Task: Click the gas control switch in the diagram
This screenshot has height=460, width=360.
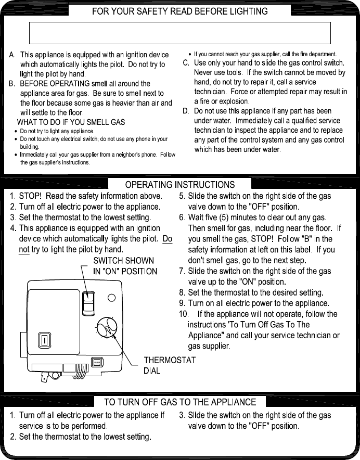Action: [x=88, y=303]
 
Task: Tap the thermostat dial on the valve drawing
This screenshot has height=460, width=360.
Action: [x=107, y=328]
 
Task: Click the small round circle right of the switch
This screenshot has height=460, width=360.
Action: [x=111, y=298]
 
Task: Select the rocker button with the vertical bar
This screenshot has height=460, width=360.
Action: [x=44, y=340]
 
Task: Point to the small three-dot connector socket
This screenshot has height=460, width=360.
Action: [x=97, y=362]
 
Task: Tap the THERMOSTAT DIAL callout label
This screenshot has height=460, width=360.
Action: [x=170, y=365]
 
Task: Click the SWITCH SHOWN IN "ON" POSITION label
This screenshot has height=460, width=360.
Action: [x=125, y=266]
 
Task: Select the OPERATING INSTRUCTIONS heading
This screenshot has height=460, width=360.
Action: [x=180, y=185]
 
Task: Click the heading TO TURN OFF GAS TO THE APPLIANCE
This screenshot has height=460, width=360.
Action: [x=180, y=402]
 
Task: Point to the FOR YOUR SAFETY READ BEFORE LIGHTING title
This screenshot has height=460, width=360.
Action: [x=180, y=11]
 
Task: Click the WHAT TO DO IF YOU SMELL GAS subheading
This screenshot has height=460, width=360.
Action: [x=71, y=122]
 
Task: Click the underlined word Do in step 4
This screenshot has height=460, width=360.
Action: [x=167, y=239]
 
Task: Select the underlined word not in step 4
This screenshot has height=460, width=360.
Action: [x=24, y=250]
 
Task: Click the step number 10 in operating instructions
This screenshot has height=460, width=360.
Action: [x=184, y=314]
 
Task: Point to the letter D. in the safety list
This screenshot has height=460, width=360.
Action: [x=185, y=111]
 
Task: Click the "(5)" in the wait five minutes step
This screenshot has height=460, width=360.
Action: [x=222, y=218]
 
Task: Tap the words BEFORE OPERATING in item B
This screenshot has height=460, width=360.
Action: [x=55, y=84]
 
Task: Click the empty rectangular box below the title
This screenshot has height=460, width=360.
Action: [x=180, y=33]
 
